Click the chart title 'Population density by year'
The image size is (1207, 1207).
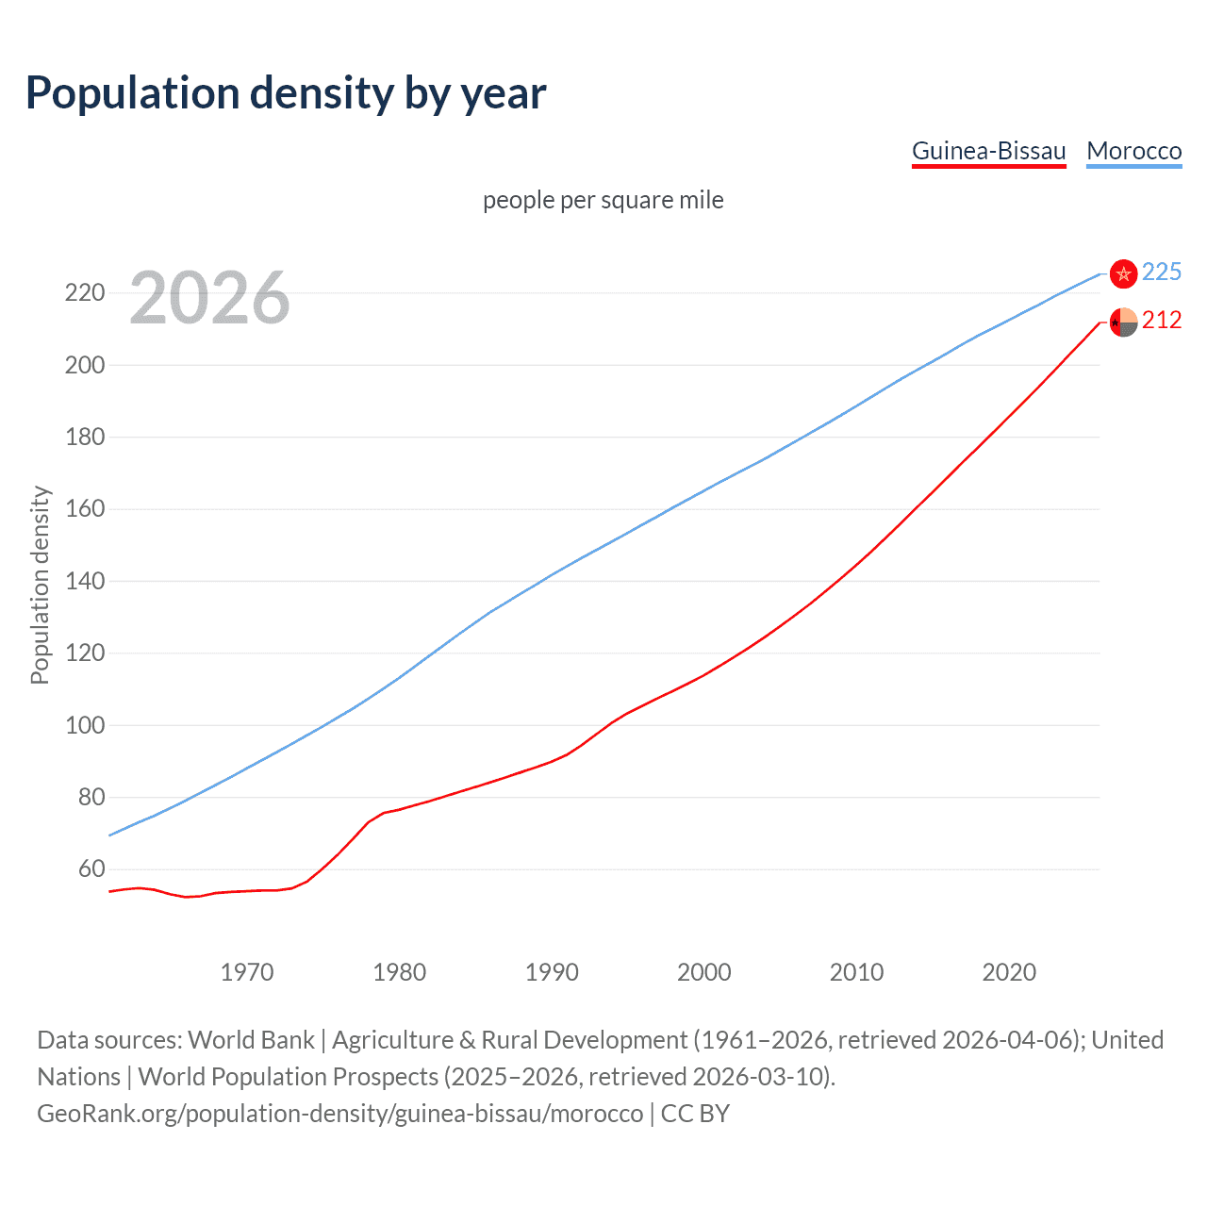pyautogui.click(x=286, y=93)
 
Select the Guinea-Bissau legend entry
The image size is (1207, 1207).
pyautogui.click(x=988, y=151)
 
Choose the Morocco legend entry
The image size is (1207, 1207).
pyautogui.click(x=1133, y=151)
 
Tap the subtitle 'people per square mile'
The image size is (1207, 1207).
pyautogui.click(x=603, y=200)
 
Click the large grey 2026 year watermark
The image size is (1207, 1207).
pyautogui.click(x=209, y=298)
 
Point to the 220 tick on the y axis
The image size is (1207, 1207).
pyautogui.click(x=84, y=292)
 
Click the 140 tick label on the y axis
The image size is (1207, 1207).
pyautogui.click(x=84, y=581)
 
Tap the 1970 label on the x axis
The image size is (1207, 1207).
pyautogui.click(x=246, y=972)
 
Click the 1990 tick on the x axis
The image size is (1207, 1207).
pyautogui.click(x=552, y=972)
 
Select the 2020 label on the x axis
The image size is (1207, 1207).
pyautogui.click(x=1009, y=972)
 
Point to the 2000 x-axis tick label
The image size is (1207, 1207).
pyautogui.click(x=703, y=972)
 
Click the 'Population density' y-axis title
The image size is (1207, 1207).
pyautogui.click(x=40, y=585)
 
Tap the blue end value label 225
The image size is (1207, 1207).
pyautogui.click(x=1161, y=273)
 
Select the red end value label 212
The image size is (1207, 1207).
pyautogui.click(x=1161, y=321)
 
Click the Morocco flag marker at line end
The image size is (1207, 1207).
pyautogui.click(x=1123, y=273)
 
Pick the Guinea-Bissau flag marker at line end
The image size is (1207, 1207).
pyautogui.click(x=1123, y=322)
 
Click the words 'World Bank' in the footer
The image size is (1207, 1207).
pyautogui.click(x=251, y=1040)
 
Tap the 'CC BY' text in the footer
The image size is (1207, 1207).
pyautogui.click(x=695, y=1114)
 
